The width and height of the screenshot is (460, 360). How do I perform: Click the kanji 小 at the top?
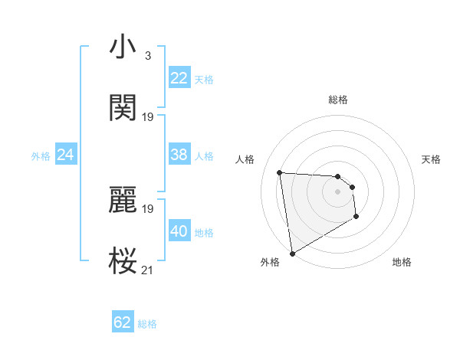(123, 47)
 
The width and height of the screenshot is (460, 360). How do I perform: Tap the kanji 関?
(123, 108)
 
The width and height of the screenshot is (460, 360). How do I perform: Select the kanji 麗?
(123, 200)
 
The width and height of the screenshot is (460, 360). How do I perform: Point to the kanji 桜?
(123, 261)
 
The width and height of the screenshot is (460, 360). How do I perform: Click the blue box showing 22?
(179, 78)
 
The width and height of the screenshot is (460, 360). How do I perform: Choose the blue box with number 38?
(179, 155)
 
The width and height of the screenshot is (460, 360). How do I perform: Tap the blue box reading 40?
(179, 231)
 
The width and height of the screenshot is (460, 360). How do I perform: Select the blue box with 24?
(65, 155)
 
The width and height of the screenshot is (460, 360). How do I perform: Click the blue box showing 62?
(123, 322)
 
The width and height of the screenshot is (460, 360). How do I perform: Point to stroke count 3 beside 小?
(147, 56)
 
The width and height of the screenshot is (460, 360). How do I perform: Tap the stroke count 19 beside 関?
(148, 117)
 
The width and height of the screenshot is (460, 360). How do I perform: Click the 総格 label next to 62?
(147, 324)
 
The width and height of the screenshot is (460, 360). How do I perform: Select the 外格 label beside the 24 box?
(41, 156)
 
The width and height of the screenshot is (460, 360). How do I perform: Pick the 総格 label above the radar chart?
(338, 100)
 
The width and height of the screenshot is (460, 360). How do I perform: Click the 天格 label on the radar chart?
(432, 159)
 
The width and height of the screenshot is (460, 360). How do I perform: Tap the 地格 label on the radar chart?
(402, 262)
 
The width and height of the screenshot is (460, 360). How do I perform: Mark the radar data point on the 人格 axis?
(280, 172)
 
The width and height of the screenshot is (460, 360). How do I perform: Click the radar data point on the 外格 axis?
(291, 253)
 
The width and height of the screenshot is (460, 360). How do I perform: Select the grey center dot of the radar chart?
(337, 191)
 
